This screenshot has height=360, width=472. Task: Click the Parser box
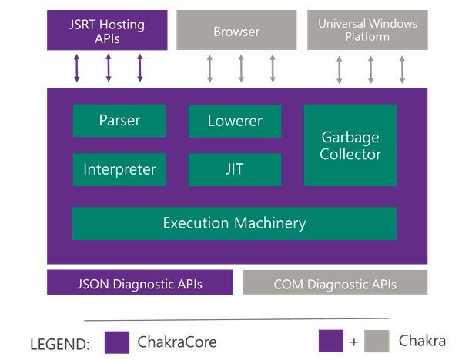coord(119,121)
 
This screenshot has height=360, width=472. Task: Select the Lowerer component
coord(235,121)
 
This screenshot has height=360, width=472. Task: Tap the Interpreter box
coord(119,169)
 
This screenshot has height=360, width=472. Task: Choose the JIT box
coord(235,169)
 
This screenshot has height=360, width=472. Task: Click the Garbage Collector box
coord(350,145)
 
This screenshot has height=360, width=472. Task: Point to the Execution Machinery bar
coord(234,224)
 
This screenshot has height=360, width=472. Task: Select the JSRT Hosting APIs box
coord(107,31)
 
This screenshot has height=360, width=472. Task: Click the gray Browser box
coord(236,32)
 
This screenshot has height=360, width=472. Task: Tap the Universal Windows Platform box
coord(367,31)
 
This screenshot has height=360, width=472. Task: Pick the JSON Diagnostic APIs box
coord(139,283)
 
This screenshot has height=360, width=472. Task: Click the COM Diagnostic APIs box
coord(335,283)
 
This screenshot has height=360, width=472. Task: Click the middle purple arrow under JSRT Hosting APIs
coord(108,68)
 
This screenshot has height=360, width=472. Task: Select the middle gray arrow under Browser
coord(241,68)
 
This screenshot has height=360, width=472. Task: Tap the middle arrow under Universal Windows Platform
coord(370,68)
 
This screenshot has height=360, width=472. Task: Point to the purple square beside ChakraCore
coord(117,342)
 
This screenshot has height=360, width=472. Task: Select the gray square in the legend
coord(377,342)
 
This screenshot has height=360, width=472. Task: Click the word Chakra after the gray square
coord(422,341)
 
